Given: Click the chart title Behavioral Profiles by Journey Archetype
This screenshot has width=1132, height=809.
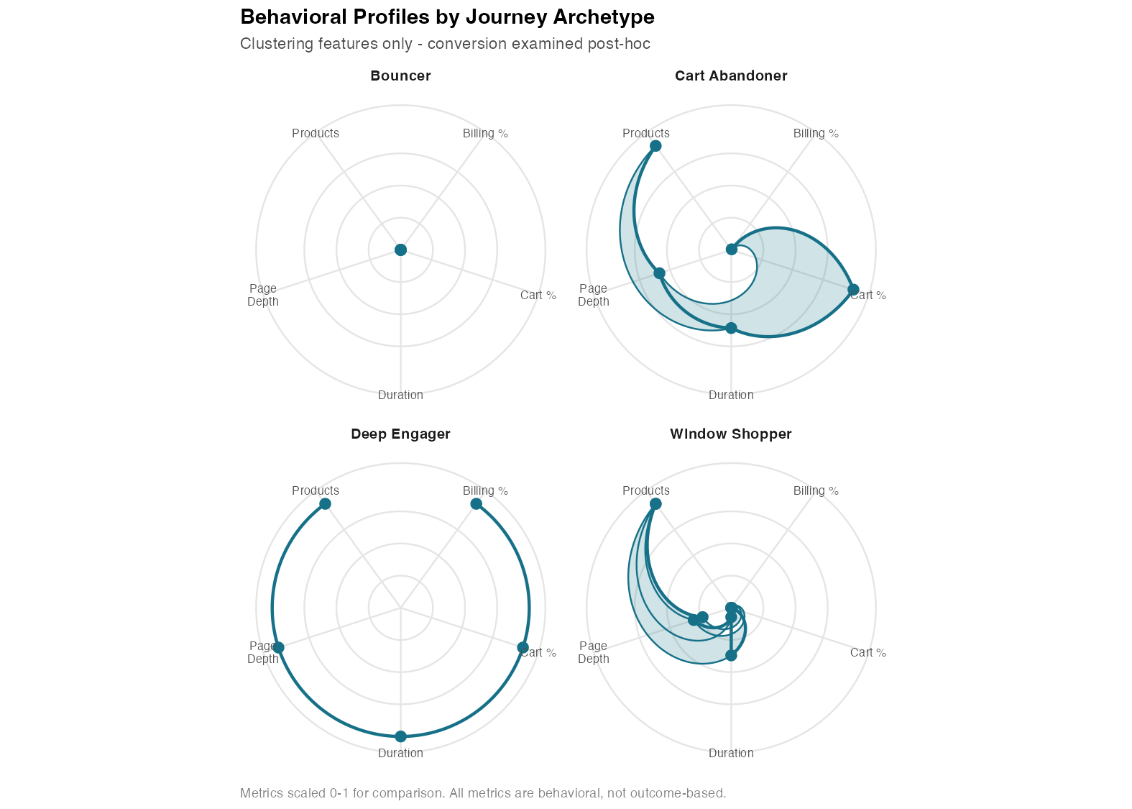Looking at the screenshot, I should tap(447, 17).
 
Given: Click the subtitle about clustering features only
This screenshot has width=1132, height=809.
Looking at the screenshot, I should tap(445, 44).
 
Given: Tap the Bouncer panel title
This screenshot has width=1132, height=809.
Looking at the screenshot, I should tap(400, 76).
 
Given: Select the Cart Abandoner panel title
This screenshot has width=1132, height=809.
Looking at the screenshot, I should tap(731, 76).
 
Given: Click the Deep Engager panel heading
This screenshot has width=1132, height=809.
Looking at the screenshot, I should tap(400, 434).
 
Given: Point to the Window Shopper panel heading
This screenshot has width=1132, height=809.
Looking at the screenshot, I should tap(731, 434).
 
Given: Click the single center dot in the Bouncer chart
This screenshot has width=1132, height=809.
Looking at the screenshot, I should tap(400, 250).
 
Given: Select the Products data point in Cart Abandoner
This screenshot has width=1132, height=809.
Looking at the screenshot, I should tap(655, 146).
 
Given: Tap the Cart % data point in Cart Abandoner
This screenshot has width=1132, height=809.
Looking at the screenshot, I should tap(853, 290).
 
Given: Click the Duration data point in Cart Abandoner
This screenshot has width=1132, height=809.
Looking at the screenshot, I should tap(731, 328).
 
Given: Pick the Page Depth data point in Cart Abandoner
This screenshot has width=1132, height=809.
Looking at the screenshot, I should tap(659, 273).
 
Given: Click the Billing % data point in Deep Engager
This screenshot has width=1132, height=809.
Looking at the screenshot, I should tap(476, 503).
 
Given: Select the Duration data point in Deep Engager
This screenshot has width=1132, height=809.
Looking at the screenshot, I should tap(400, 736).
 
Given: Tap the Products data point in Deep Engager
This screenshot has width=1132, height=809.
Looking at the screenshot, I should tap(325, 503).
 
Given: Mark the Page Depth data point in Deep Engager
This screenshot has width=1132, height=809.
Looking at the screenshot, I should tap(278, 648).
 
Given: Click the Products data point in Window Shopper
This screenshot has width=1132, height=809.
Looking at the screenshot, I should tap(655, 503).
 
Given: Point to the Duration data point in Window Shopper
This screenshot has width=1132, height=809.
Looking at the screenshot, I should tap(731, 655).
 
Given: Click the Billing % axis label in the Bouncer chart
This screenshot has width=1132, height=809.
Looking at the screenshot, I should tap(485, 134).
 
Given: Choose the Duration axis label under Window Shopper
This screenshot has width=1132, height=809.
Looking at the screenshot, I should tap(731, 754).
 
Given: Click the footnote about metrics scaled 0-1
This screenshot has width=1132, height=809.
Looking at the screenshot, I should tap(483, 794).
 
